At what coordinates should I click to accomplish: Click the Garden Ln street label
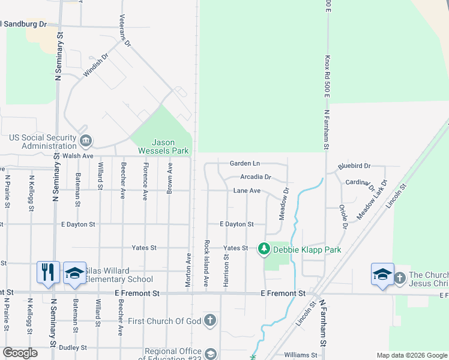coord(245,163)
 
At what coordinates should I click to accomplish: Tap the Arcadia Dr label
coord(256,177)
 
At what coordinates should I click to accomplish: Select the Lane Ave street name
coord(247,191)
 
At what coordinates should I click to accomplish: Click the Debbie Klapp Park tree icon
coord(264,248)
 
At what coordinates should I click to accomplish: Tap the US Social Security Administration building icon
coord(85,141)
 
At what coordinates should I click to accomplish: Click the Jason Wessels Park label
coord(163,146)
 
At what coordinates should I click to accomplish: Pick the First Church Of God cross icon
coord(210,320)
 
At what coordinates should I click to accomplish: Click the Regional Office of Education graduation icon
coord(210,354)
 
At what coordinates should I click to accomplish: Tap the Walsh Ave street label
coord(78,155)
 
